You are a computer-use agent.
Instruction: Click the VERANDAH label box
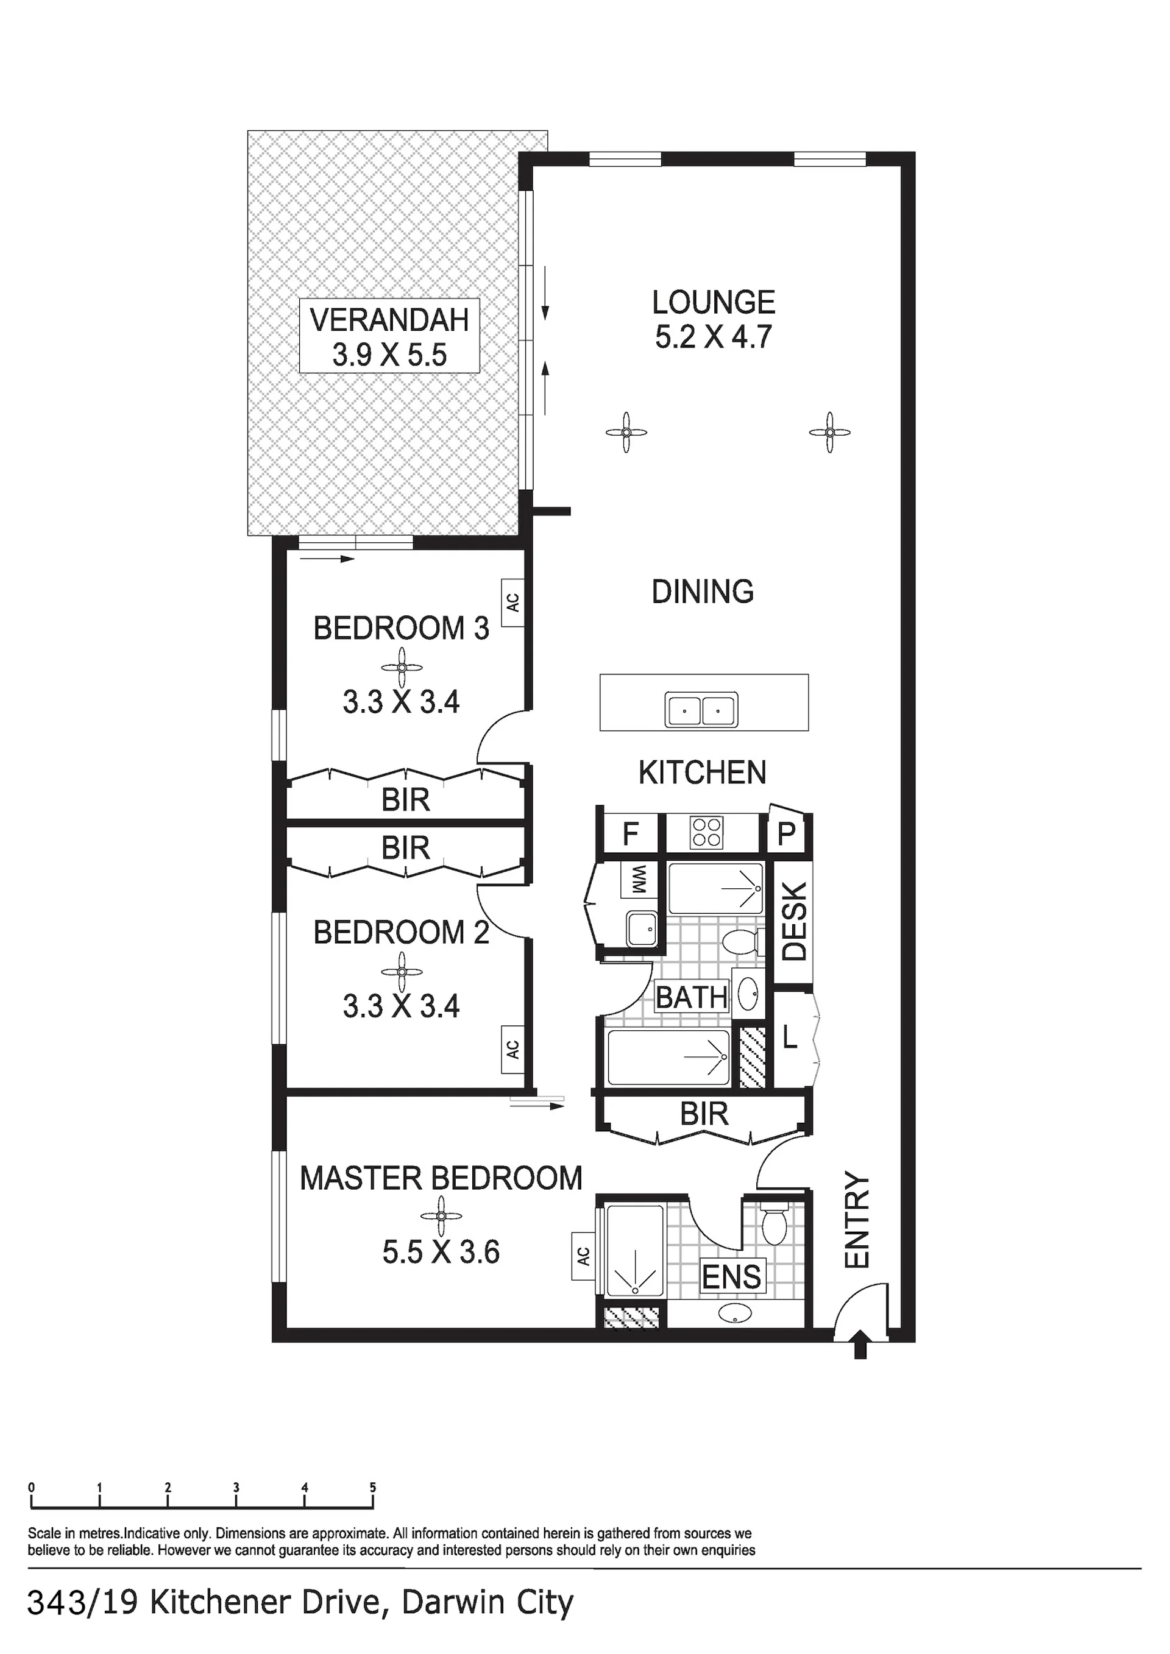390,336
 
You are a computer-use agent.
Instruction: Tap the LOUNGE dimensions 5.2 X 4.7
713,337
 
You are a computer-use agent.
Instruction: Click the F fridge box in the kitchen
630,834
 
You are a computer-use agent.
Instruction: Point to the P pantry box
786,833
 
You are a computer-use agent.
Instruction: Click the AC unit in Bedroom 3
512,603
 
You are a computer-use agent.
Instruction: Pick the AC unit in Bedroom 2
512,1050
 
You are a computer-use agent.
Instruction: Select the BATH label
692,998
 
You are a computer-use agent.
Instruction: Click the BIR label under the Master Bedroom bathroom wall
704,1114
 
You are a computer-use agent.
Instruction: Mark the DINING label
703,592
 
